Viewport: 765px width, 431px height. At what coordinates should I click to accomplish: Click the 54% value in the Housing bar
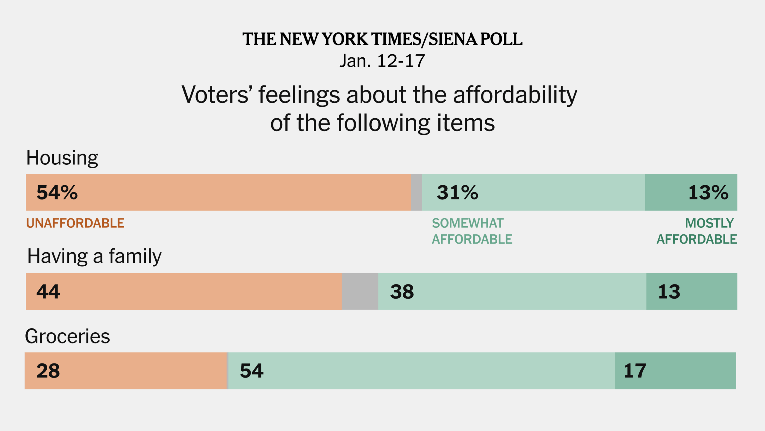pyautogui.click(x=57, y=192)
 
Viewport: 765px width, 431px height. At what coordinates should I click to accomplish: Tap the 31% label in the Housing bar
pyautogui.click(x=457, y=192)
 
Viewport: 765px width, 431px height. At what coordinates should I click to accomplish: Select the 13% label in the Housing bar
pyautogui.click(x=708, y=192)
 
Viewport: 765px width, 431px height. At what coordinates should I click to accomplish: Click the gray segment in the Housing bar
pyautogui.click(x=416, y=192)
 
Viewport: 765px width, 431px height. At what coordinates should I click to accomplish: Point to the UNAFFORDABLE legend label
pyautogui.click(x=75, y=223)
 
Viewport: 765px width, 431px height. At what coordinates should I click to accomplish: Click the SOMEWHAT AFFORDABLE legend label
pyautogui.click(x=472, y=231)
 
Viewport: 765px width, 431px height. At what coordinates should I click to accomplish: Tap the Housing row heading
pyautogui.click(x=62, y=158)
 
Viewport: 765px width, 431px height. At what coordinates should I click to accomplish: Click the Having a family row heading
pyautogui.click(x=94, y=256)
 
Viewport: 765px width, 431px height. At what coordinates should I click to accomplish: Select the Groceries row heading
pyautogui.click(x=68, y=336)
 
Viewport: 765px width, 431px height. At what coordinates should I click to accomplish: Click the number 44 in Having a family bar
pyautogui.click(x=48, y=291)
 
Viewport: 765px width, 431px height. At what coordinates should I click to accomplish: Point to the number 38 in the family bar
pyautogui.click(x=402, y=291)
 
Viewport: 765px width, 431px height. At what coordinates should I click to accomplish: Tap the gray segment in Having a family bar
pyautogui.click(x=360, y=291)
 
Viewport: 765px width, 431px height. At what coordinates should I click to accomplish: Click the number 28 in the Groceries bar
pyautogui.click(x=48, y=371)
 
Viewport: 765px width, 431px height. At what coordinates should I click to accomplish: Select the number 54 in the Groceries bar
pyautogui.click(x=252, y=371)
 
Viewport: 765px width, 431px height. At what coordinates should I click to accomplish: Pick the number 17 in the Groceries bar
pyautogui.click(x=635, y=371)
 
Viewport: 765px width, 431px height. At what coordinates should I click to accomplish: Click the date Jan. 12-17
pyautogui.click(x=382, y=61)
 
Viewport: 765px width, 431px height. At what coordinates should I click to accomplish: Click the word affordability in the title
pyautogui.click(x=515, y=95)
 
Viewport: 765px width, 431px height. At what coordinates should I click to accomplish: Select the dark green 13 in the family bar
pyautogui.click(x=669, y=291)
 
